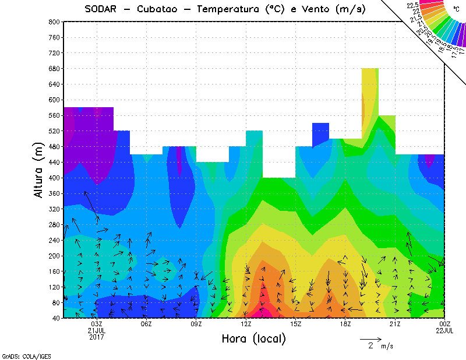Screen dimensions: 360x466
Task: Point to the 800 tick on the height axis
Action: pyautogui.click(x=54, y=22)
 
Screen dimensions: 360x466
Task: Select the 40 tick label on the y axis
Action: pyautogui.click(x=55, y=318)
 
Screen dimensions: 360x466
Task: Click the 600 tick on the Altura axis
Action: pyautogui.click(x=54, y=100)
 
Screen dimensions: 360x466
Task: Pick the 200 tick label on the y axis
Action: pyautogui.click(x=54, y=256)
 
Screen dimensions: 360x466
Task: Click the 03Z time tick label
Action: pyautogui.click(x=97, y=324)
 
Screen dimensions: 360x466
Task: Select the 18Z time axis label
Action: pyautogui.click(x=345, y=324)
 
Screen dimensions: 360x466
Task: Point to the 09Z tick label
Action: pyautogui.click(x=196, y=324)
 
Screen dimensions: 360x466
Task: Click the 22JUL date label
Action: pyautogui.click(x=444, y=331)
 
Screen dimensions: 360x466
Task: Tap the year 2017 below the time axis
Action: pyautogui.click(x=97, y=337)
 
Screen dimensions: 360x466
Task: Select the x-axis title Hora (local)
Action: pyautogui.click(x=253, y=339)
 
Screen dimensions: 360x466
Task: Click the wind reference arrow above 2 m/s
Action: pyautogui.click(x=370, y=338)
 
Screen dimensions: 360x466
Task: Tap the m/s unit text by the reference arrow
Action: pyautogui.click(x=386, y=347)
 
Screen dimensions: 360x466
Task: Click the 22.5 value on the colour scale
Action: pyautogui.click(x=413, y=5)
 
